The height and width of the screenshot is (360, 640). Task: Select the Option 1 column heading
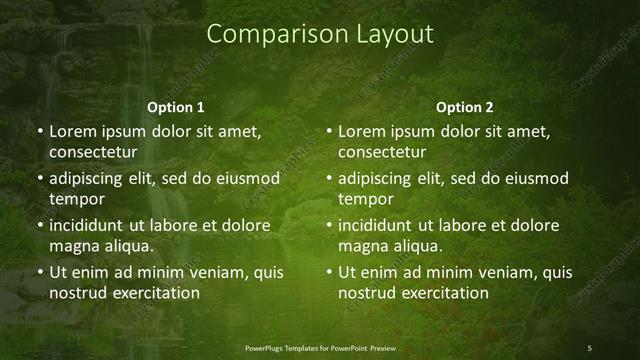coord(176,107)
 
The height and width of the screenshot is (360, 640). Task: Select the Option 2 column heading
coord(465,107)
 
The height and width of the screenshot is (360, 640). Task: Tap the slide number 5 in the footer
coord(590,347)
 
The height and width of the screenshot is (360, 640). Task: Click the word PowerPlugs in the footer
coord(268,347)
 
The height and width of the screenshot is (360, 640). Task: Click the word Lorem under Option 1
coord(72,131)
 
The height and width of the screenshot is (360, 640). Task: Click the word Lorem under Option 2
coord(361,131)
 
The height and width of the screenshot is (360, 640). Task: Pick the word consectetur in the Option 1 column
coord(92,152)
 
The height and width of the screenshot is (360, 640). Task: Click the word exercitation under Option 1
coord(155,293)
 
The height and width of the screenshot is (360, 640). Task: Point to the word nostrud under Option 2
coord(369,293)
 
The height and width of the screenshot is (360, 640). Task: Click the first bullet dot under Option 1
coord(39,132)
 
